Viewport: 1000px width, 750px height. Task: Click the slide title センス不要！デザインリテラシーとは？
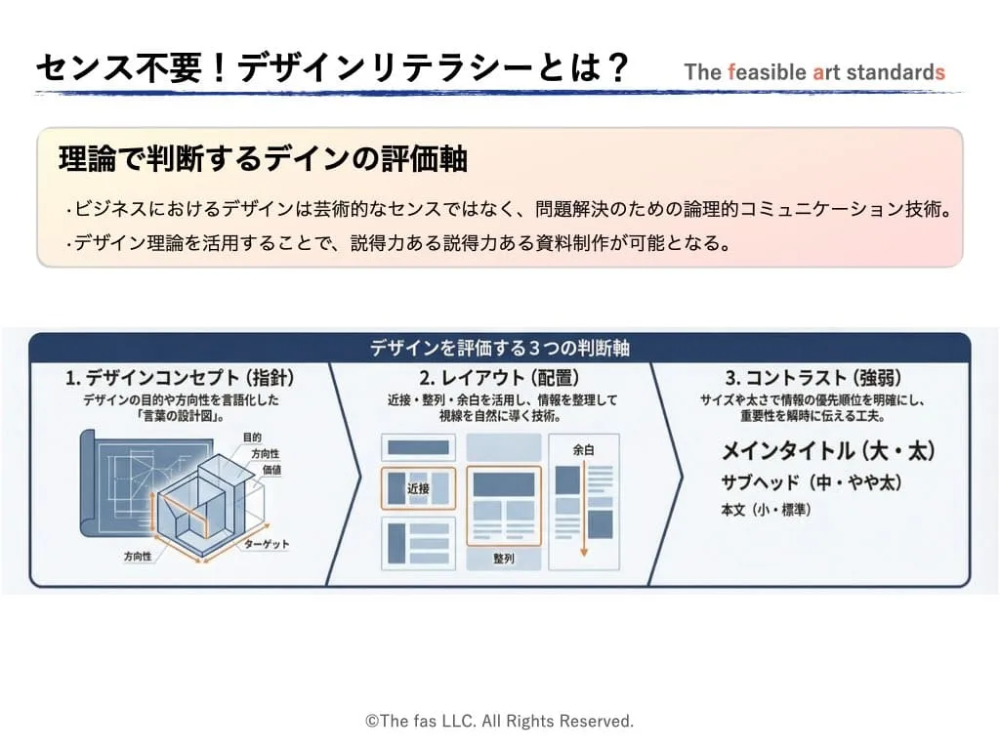pyautogui.click(x=332, y=67)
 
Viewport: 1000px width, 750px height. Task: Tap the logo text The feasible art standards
pyautogui.click(x=814, y=71)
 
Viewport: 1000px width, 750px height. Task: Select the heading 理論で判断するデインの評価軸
pyautogui.click(x=263, y=160)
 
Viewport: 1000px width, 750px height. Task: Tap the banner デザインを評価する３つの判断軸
pyautogui.click(x=499, y=348)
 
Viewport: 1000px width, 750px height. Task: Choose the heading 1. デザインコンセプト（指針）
pyautogui.click(x=180, y=377)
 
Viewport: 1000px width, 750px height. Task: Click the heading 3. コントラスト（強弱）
pyautogui.click(x=812, y=377)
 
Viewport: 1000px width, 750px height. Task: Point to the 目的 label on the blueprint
pyautogui.click(x=252, y=437)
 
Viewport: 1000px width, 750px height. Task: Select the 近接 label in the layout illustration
pyautogui.click(x=418, y=486)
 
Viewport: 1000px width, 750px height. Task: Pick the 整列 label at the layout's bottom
pyautogui.click(x=503, y=560)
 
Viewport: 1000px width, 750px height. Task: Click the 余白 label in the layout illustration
pyautogui.click(x=584, y=450)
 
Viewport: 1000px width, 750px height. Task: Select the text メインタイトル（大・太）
pyautogui.click(x=828, y=451)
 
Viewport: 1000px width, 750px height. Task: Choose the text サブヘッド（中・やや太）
pyautogui.click(x=811, y=482)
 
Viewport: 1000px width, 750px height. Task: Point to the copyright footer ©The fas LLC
pyautogui.click(x=499, y=721)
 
